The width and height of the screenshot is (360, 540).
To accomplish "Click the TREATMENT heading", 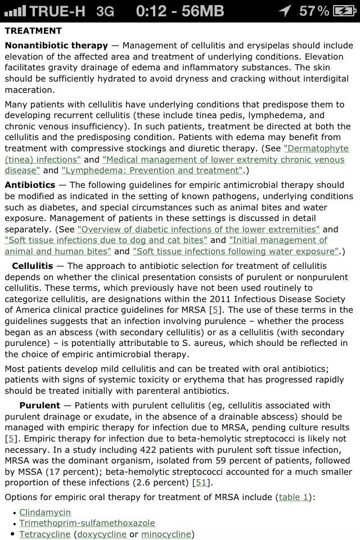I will point(33,31).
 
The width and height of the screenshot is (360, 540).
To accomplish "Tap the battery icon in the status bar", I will point(344,11).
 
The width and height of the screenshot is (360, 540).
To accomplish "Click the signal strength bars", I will point(14,11).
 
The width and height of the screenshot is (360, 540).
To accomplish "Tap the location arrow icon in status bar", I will point(285,11).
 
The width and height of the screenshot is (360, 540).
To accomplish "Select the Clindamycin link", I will point(45,512).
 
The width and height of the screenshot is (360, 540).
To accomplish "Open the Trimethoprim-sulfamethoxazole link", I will point(87,523).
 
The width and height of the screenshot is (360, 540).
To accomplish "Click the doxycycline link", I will point(101,534).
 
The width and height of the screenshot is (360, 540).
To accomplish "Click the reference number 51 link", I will point(200,483).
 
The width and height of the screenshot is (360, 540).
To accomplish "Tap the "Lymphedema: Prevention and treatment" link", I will point(152,170).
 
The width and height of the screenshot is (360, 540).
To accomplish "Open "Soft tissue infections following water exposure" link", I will point(236,251).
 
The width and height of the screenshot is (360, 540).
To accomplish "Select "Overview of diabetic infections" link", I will point(199,229).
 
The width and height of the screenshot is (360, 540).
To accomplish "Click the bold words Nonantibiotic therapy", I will point(56,46).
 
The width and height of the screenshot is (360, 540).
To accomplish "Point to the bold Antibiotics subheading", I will point(30,185).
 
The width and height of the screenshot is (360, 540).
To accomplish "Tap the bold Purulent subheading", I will point(39,406).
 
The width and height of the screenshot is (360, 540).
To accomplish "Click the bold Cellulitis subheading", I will point(33,266).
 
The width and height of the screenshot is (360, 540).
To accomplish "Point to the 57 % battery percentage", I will point(314,11).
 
